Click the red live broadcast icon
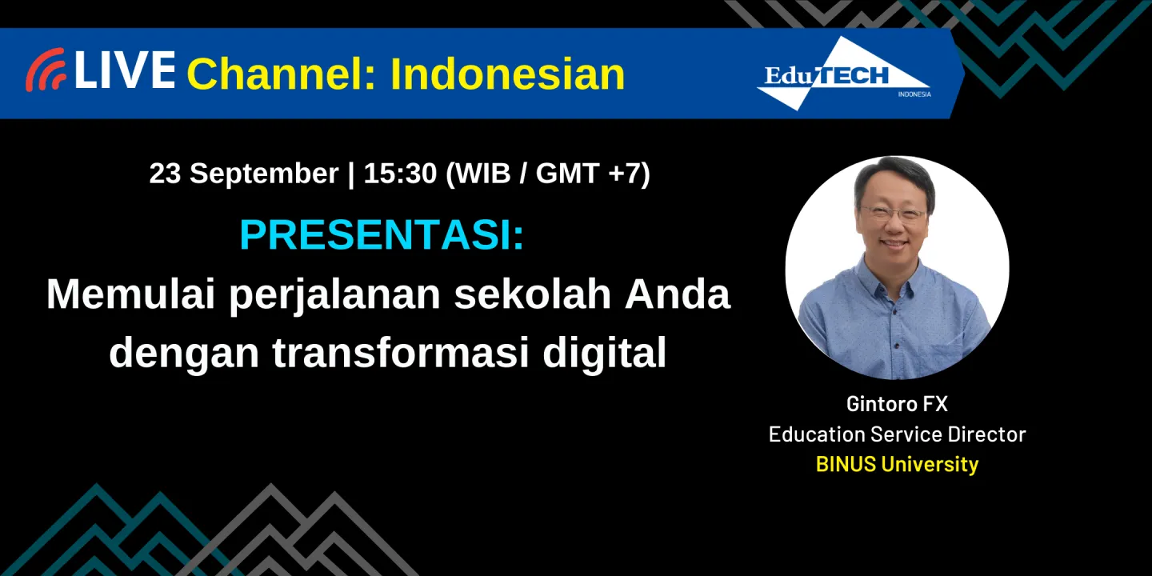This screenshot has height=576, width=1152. pos(45,70)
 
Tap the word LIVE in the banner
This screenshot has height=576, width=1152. pos(125,70)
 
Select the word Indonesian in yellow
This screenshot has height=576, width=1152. pos(507,74)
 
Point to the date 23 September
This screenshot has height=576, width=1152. pos(243,174)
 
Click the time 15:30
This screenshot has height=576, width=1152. pos(399,174)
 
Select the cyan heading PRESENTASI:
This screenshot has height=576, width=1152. pos(382,235)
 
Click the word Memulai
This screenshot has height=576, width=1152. pos(131,294)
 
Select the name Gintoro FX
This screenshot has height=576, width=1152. pos(897,404)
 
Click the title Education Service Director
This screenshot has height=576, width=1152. pos(897,434)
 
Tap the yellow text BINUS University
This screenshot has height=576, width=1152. pos(897,464)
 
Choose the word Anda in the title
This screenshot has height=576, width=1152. pos(677,294)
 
